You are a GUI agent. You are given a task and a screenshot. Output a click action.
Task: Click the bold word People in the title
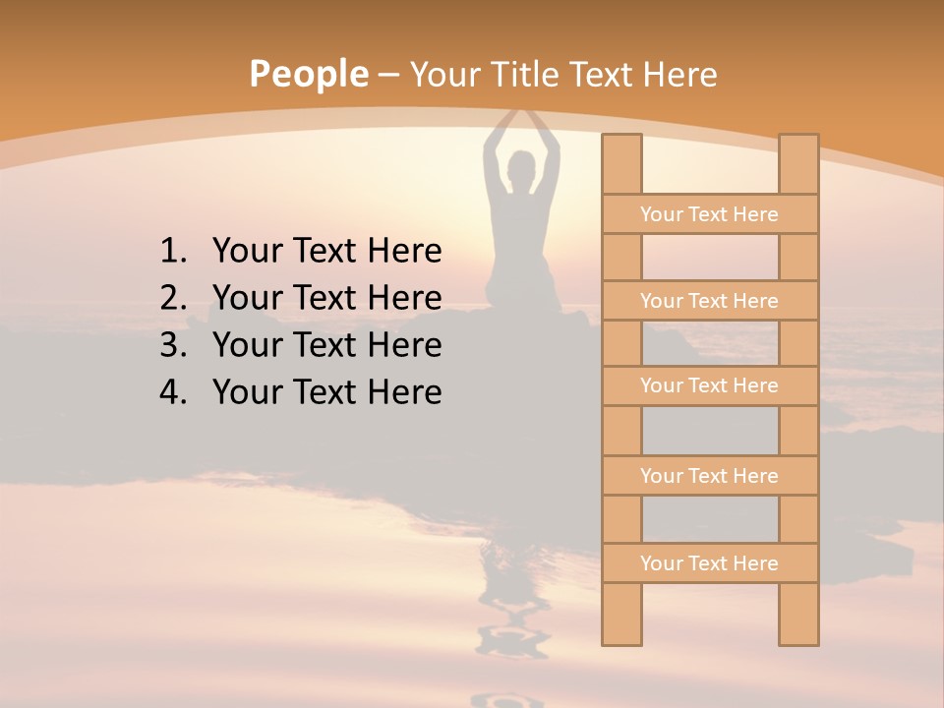tap(308, 74)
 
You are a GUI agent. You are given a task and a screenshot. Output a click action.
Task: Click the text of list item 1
tap(326, 252)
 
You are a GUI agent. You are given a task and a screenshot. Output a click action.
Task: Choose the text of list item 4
tap(326, 392)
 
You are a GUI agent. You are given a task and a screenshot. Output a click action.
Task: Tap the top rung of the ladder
tap(709, 214)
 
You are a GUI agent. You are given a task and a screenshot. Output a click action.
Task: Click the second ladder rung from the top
tap(709, 301)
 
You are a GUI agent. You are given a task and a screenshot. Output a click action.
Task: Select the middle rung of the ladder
tap(709, 385)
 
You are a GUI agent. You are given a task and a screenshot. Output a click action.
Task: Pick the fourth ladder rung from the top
tap(709, 476)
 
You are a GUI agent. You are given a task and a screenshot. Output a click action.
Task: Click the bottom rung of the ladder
tap(709, 563)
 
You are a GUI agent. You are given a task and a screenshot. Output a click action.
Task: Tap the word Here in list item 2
tap(404, 298)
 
